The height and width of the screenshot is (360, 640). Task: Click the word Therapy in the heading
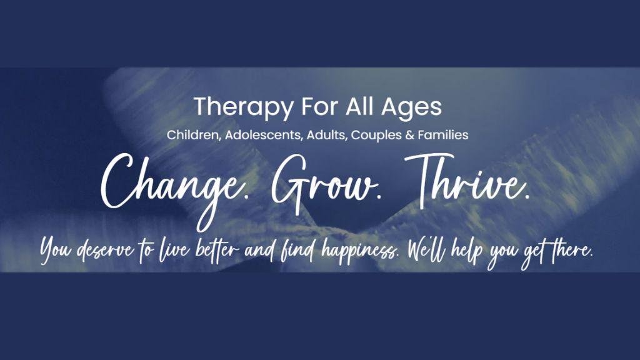coord(243,107)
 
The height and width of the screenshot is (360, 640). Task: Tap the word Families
coord(443,135)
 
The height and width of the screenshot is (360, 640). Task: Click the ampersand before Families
coord(410,135)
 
